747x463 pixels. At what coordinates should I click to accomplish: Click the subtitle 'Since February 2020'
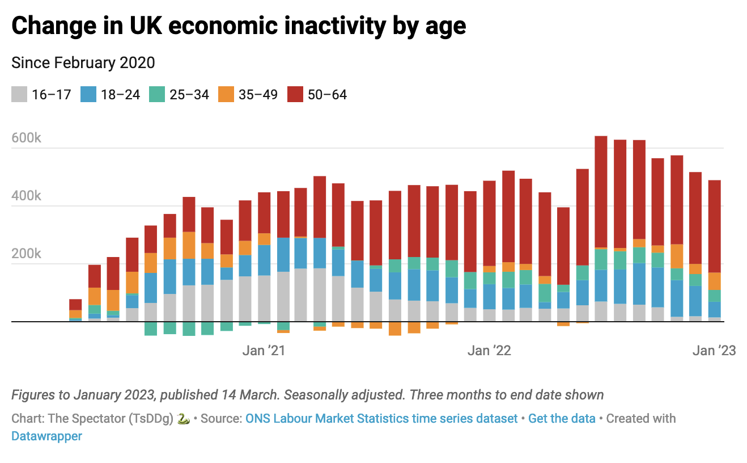83,62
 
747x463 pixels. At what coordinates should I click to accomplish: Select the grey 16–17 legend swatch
19,94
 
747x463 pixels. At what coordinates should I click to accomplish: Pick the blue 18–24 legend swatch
88,94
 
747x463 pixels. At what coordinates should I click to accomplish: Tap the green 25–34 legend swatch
157,94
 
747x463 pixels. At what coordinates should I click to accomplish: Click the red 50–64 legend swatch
295,94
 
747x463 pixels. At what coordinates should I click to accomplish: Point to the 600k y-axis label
26,138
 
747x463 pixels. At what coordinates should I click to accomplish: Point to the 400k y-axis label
26,196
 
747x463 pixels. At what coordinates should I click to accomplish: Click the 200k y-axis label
26,254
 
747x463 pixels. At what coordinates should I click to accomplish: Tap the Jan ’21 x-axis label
264,351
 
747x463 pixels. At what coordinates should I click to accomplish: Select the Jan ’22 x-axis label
489,351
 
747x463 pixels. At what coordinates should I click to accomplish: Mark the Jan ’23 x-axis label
714,351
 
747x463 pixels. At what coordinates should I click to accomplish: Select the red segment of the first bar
75,304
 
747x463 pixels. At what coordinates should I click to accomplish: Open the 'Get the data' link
562,419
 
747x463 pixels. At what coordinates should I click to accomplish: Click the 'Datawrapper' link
46,436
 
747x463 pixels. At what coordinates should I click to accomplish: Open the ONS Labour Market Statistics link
381,419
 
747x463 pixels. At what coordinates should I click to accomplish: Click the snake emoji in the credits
183,419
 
